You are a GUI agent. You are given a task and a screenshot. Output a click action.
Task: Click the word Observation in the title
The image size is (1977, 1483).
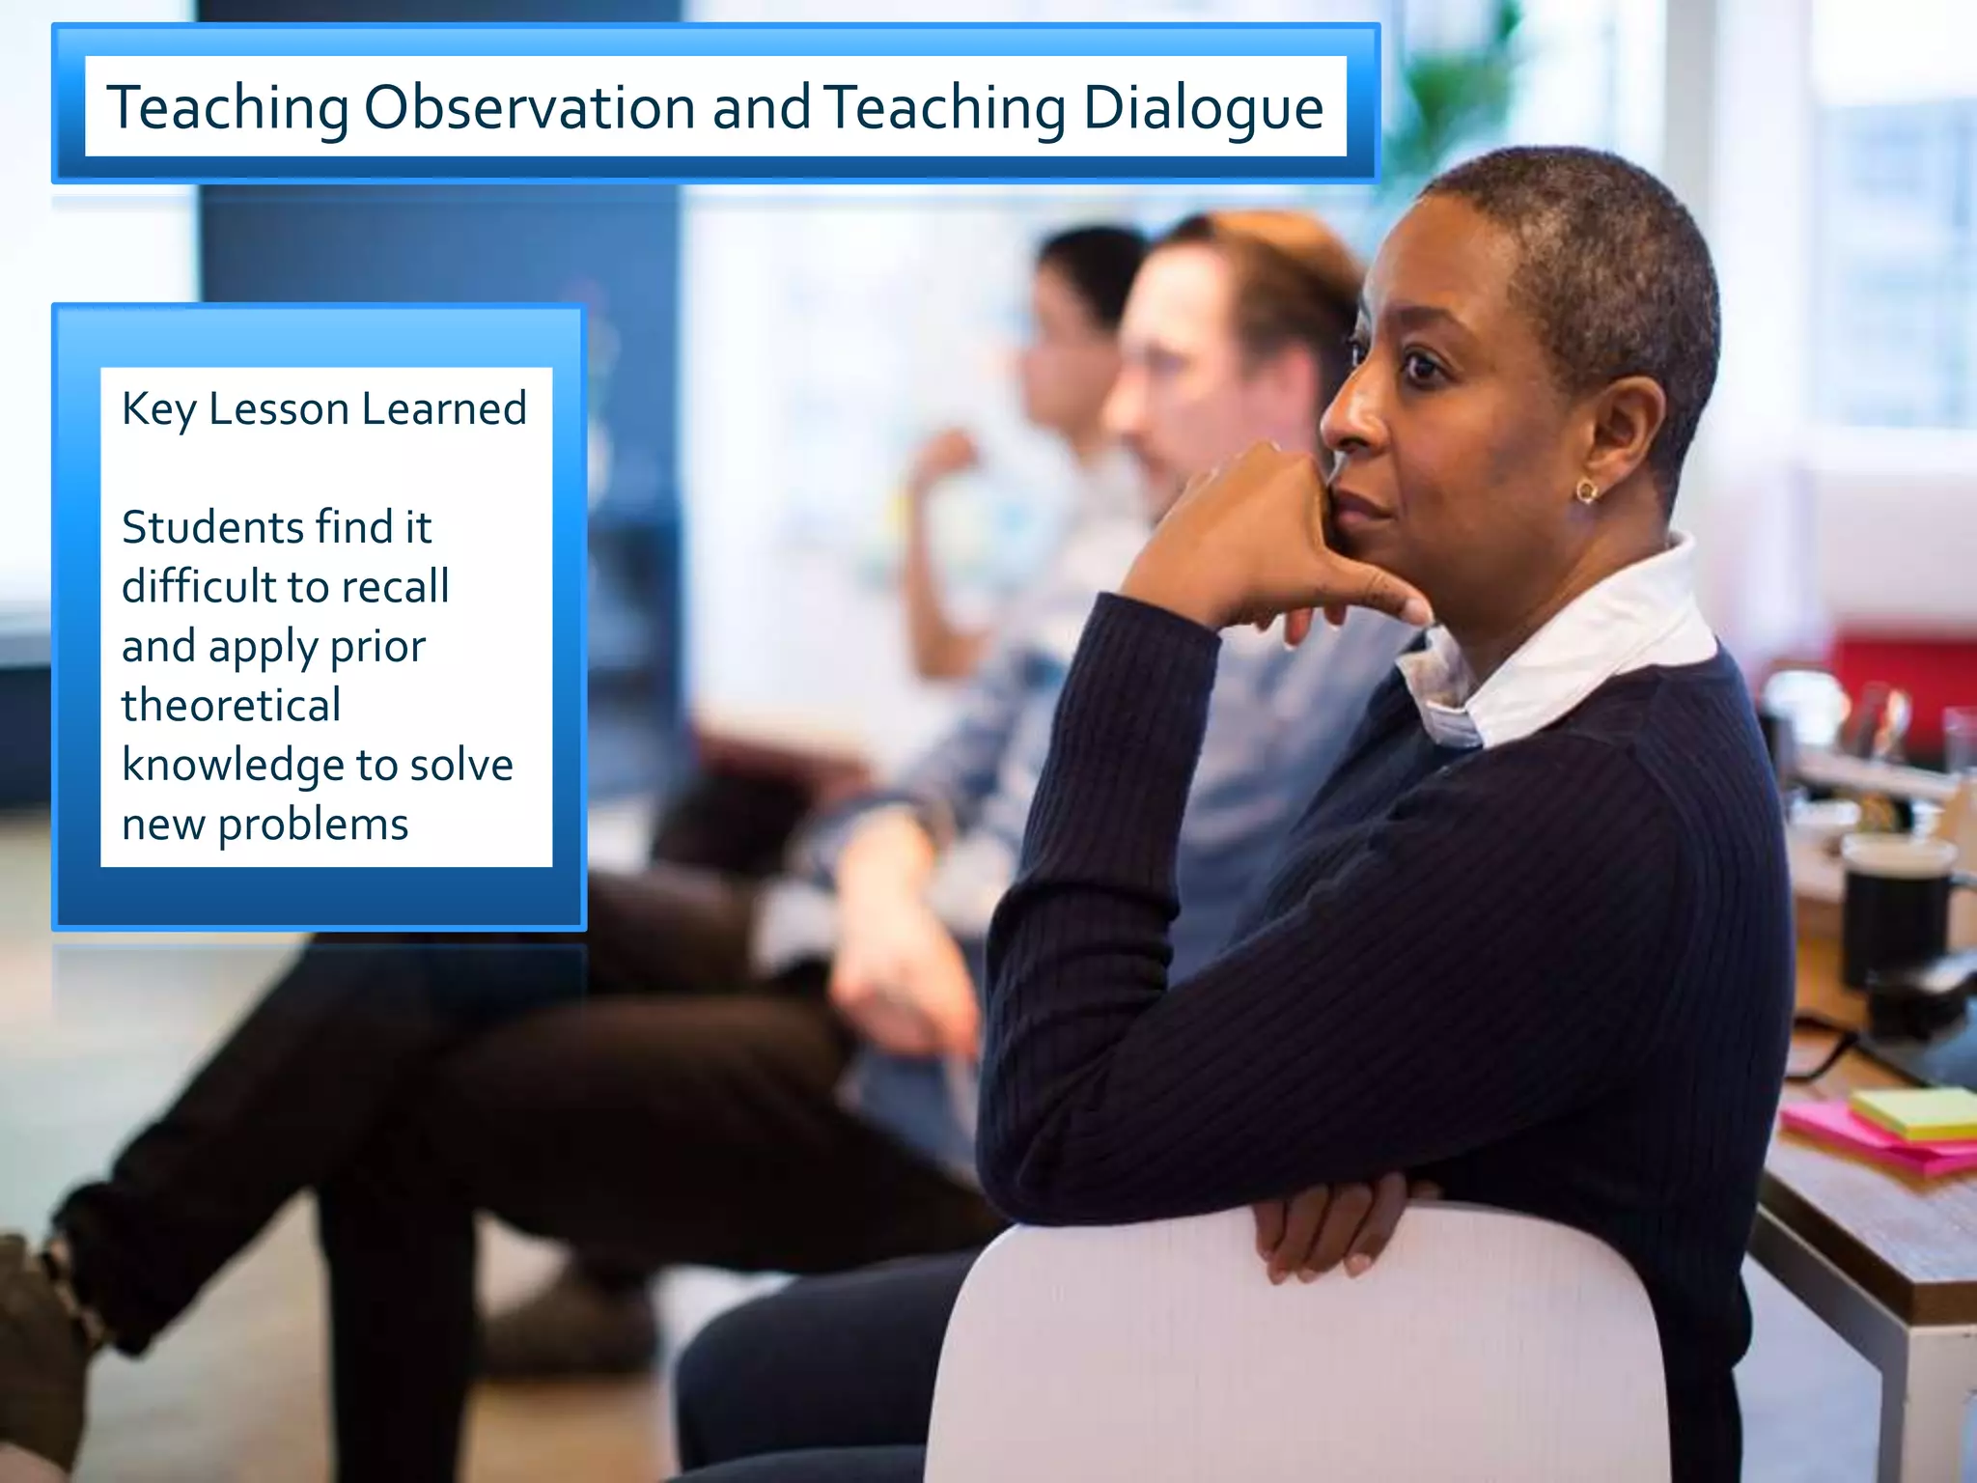tap(529, 107)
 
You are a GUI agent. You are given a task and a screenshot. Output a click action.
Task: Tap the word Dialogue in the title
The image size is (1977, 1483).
tap(1203, 109)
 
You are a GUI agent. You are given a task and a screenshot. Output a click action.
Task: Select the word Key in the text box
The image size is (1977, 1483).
tap(158, 409)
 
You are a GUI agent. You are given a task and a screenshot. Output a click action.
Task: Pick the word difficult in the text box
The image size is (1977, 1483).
tap(198, 586)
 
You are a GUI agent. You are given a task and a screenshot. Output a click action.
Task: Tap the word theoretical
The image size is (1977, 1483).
tap(231, 705)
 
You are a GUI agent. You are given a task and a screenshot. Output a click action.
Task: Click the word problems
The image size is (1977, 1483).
tap(313, 825)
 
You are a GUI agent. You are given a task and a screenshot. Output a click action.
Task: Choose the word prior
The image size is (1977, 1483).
tap(377, 646)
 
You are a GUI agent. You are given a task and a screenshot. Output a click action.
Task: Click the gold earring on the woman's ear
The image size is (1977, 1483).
tap(1586, 492)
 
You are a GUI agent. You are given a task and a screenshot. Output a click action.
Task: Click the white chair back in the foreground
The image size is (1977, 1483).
tap(1294, 1352)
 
